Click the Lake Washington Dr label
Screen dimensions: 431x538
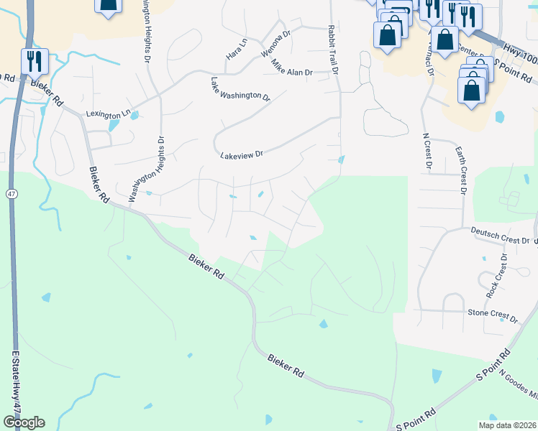[x=240, y=89]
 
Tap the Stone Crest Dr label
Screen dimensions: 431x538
[x=493, y=315]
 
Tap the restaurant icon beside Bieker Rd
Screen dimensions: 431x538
[x=35, y=61]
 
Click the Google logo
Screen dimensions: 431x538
[x=24, y=422]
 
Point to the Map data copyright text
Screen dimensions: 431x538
[x=506, y=425]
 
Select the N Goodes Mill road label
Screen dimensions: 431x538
[x=518, y=386]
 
